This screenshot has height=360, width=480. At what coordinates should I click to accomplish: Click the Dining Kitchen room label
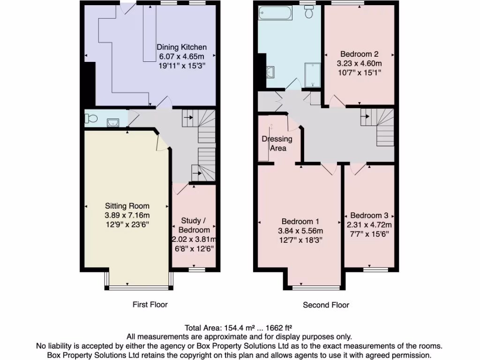[x=181, y=47]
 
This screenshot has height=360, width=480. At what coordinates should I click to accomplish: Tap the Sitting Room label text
[x=127, y=206]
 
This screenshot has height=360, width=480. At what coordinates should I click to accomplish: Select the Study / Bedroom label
[x=194, y=225]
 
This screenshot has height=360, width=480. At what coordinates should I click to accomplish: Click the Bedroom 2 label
[x=360, y=54]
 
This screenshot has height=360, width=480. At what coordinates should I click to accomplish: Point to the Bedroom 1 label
[x=300, y=221]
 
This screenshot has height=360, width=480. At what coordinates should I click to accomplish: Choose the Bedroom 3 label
[x=369, y=215]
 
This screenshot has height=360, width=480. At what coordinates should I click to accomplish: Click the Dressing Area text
[x=277, y=143]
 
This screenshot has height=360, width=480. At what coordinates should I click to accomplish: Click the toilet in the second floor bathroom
[x=309, y=12]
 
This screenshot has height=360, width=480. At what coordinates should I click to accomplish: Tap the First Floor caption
[x=150, y=305]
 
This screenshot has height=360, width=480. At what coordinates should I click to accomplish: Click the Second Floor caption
[x=326, y=305]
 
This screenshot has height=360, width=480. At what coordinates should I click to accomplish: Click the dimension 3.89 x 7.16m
[x=127, y=215]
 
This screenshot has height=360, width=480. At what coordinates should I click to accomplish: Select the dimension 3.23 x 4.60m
[x=360, y=63]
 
